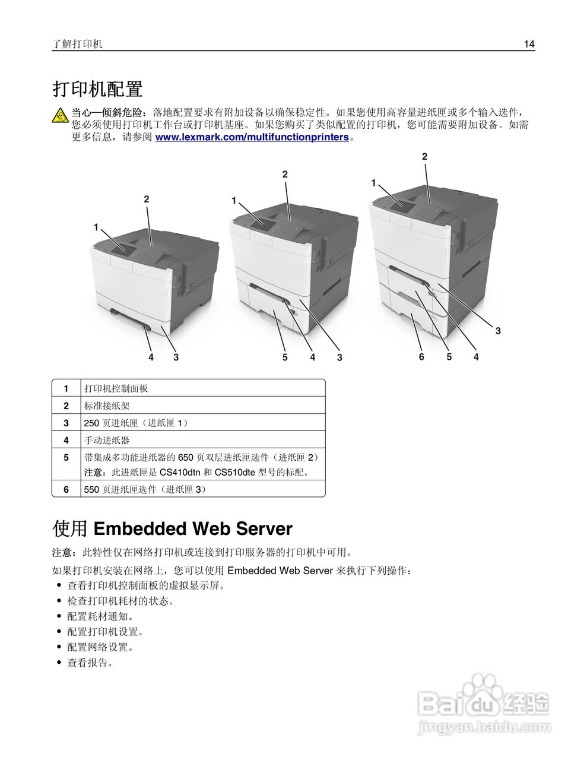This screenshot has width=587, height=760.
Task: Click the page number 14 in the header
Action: (529, 44)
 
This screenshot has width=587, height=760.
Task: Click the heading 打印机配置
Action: (98, 90)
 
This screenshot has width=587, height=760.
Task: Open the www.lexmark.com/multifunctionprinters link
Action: (252, 137)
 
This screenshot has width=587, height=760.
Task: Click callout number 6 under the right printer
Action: (421, 357)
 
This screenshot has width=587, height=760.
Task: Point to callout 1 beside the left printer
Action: (96, 227)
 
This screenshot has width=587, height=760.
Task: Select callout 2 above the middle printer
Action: (285, 174)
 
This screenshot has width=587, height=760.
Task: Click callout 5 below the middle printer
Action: (285, 357)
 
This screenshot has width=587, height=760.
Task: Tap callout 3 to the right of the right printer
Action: (498, 331)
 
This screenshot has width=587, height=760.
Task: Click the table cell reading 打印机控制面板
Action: (116, 388)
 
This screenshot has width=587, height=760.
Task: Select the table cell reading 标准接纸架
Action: (107, 406)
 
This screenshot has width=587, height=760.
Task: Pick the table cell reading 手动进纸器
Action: (107, 440)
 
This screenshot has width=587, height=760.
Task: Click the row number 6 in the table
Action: (66, 489)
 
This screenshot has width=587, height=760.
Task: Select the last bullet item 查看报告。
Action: (90, 663)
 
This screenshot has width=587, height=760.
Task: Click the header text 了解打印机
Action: (77, 44)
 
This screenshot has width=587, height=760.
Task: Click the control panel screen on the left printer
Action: (116, 248)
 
